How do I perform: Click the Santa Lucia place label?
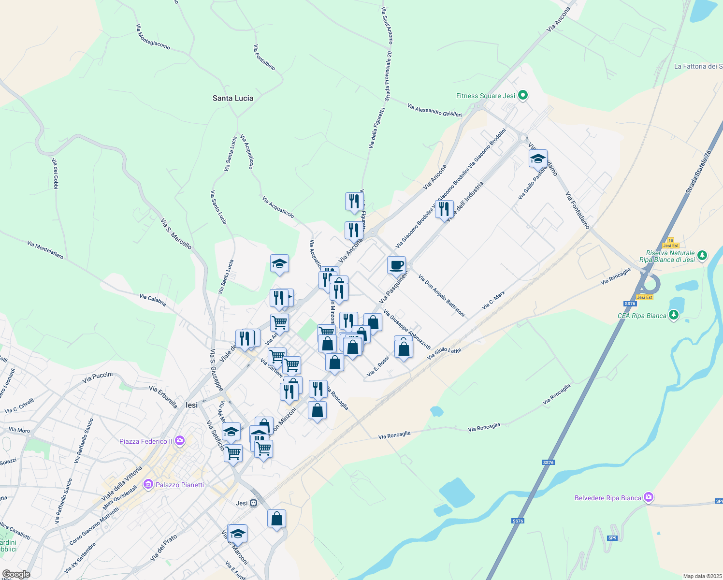[233, 98]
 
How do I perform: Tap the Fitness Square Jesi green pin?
[522, 95]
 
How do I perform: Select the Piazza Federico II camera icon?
[180, 440]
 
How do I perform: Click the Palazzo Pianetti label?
[180, 485]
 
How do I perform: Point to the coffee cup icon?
[396, 265]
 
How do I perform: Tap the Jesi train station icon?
[254, 503]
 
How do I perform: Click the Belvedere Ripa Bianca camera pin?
[649, 497]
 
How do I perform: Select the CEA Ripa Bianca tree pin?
[674, 315]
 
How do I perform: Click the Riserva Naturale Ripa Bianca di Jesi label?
[667, 256]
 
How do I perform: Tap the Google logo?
[16, 574]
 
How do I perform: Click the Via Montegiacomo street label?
[153, 37]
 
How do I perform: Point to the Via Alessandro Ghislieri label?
[434, 110]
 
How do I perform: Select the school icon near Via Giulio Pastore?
[538, 158]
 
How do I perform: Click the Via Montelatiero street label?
[45, 250]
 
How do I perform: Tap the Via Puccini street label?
[98, 377]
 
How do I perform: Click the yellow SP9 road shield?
[612, 538]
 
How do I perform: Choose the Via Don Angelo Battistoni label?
[441, 296]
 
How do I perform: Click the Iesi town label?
[192, 405]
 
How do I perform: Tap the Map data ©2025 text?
[702, 576]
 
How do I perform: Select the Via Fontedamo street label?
[578, 210]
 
